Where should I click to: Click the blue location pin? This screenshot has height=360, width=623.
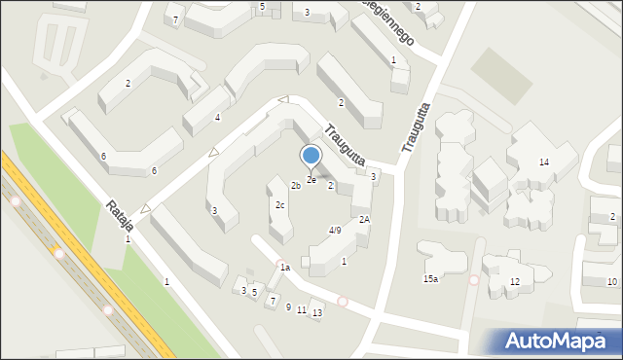tap(311, 157)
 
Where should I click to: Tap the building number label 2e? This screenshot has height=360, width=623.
tap(311, 180)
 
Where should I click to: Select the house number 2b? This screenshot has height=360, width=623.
tap(295, 185)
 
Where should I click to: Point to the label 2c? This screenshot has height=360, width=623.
tap(279, 205)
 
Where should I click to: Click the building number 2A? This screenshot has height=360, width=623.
tap(364, 220)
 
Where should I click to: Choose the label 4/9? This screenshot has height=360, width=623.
tap(334, 231)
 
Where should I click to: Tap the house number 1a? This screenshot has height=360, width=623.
tap(284, 267)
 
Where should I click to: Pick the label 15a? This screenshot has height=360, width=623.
tap(430, 279)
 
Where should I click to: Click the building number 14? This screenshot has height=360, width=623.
tap(544, 162)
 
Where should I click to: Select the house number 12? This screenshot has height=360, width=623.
tap(515, 282)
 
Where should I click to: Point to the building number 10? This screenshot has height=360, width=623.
tap(611, 282)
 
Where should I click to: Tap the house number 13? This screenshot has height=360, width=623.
tap(317, 312)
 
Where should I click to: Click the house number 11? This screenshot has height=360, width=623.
tap(302, 309)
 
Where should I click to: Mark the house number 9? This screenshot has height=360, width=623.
tap(288, 306)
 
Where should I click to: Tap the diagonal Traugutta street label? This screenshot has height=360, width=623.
tap(345, 143)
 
